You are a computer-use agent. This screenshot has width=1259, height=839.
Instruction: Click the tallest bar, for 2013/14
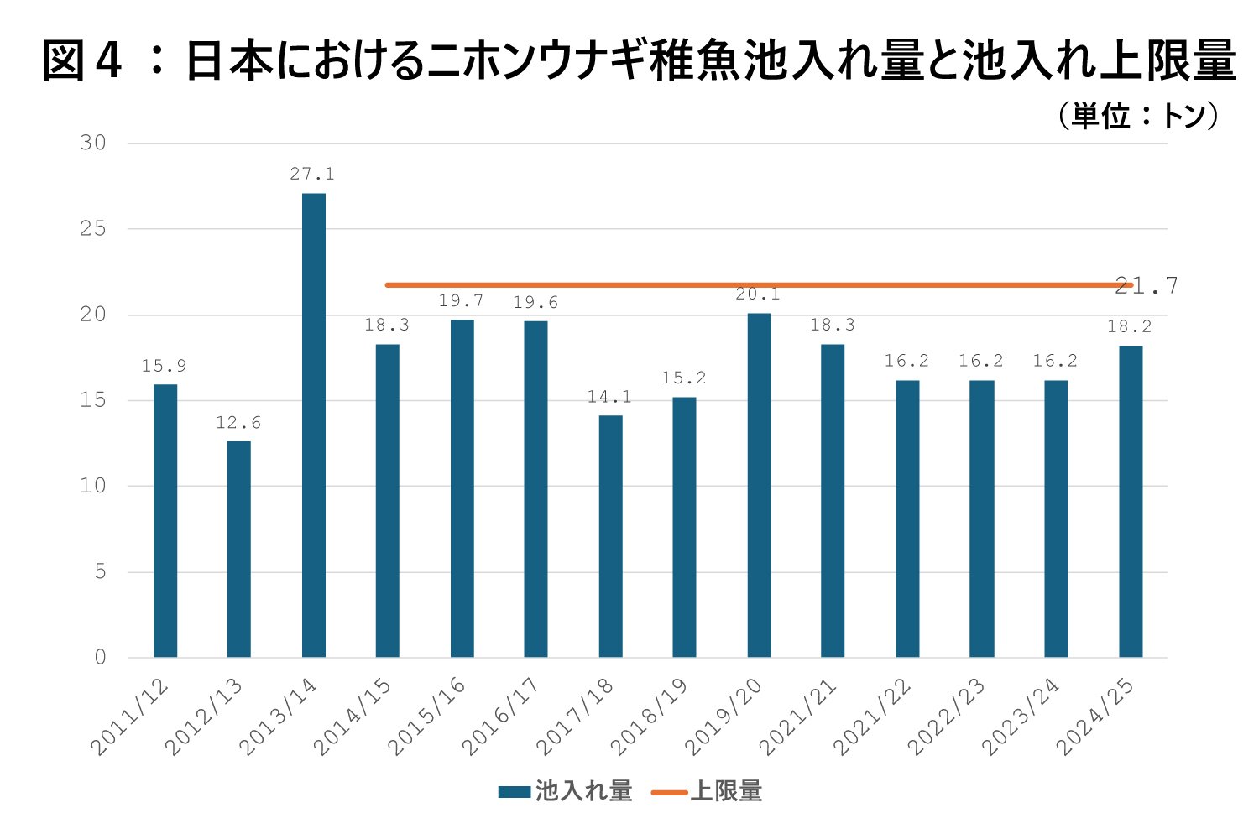tap(313, 425)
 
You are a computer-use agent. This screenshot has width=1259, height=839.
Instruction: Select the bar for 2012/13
tap(238, 549)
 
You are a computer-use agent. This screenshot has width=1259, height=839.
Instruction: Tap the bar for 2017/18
tap(610, 536)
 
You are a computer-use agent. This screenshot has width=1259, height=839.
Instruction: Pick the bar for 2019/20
tap(759, 485)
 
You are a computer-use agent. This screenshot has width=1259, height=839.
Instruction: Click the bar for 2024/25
tap(1131, 501)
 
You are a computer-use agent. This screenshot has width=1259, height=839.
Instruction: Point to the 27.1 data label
tap(312, 175)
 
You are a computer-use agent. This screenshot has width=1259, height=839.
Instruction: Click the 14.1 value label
tap(609, 397)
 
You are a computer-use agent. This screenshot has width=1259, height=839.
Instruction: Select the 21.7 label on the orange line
tap(1147, 286)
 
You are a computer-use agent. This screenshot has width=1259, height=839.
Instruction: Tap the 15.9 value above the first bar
tap(164, 366)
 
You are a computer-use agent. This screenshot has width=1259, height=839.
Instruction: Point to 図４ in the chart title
tap(82, 60)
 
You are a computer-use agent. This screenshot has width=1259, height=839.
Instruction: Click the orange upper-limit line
tap(671, 285)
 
